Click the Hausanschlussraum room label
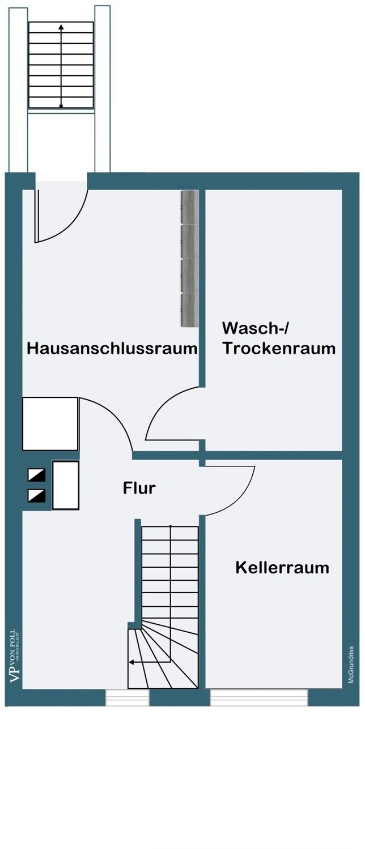coord(112,348)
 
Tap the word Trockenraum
coord(279,348)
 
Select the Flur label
coord(139,488)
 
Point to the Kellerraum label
coord(282,567)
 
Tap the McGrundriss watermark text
coord(351,665)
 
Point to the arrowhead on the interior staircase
coord(131,661)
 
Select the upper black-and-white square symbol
coord(37,475)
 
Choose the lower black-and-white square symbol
coord(37,495)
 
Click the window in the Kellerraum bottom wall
coord(259,697)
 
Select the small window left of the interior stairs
coord(128,697)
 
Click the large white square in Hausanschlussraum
coord(50,423)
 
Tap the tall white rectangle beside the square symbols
coord(66,485)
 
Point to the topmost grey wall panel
coord(189,208)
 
